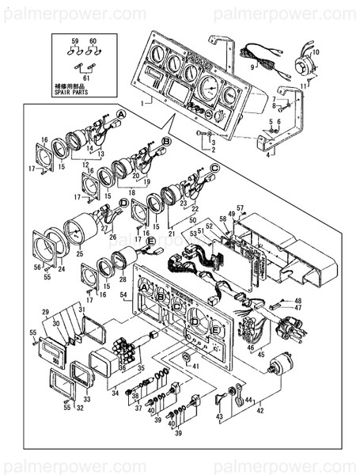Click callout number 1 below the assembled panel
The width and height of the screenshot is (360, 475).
pos(142,103)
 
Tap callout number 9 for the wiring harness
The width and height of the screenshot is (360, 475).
pos(252,69)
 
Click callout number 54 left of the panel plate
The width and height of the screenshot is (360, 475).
pos(123,294)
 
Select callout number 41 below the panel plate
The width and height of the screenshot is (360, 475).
pos(195,366)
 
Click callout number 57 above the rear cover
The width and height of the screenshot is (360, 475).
pos(241,209)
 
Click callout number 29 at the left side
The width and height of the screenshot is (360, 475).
pos(45,313)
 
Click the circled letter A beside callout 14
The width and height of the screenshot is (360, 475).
pos(121,114)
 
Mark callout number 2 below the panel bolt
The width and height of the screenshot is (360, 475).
pos(211,148)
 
